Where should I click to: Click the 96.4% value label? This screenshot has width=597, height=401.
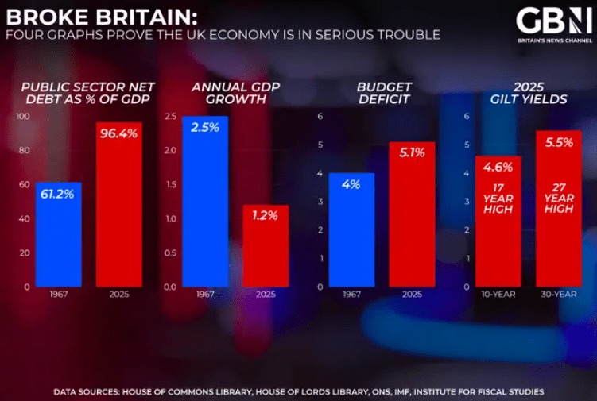(x=119, y=133)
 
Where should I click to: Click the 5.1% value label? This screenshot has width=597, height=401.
(x=412, y=152)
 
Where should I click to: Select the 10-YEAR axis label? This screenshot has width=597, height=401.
(x=498, y=295)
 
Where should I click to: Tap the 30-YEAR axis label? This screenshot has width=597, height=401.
(x=559, y=295)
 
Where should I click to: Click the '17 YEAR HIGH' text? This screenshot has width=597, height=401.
(x=498, y=199)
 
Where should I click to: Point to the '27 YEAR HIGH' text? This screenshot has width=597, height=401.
(x=559, y=199)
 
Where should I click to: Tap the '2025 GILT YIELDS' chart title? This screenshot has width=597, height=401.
(x=528, y=93)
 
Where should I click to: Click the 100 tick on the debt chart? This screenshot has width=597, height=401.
(x=22, y=116)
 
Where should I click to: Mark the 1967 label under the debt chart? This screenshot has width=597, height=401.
(x=58, y=295)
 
